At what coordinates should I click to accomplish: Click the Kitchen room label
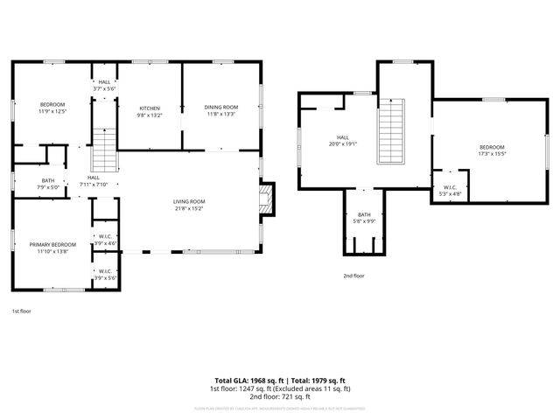tap(148, 108)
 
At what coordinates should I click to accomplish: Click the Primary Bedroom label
tap(52, 244)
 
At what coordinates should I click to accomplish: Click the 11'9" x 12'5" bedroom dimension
tap(52, 111)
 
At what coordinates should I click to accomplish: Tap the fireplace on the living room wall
tap(267, 199)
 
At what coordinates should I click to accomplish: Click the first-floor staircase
tap(104, 150)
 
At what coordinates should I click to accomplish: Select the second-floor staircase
tap(392, 132)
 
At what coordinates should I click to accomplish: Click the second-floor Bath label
tap(363, 215)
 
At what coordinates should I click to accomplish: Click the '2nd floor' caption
tap(353, 276)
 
